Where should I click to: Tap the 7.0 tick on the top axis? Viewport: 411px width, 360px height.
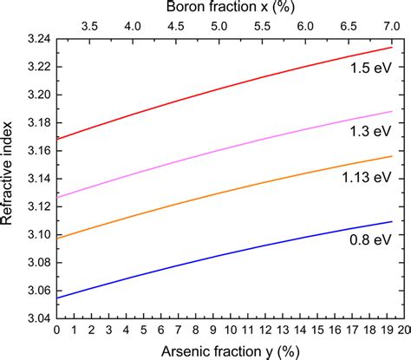393,27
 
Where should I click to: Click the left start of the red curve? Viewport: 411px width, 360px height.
57,139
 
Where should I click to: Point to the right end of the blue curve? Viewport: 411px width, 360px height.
393,221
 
